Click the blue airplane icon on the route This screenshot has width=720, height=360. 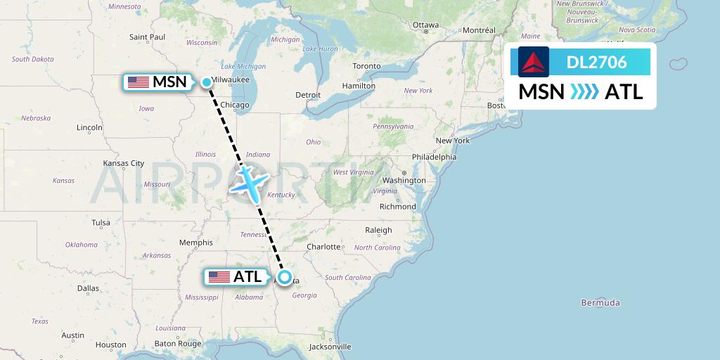[x=249, y=180]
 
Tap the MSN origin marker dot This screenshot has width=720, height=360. [x=207, y=82]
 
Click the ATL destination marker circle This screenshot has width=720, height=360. [x=285, y=277]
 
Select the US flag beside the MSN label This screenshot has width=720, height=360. [x=139, y=82]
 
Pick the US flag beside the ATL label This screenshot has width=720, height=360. [x=219, y=277]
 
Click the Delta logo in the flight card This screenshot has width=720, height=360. [x=534, y=62]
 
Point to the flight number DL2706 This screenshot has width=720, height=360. [x=596, y=62]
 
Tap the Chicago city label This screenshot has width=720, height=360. [x=235, y=105]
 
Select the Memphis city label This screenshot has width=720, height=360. [x=196, y=243]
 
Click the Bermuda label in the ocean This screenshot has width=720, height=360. [x=600, y=303]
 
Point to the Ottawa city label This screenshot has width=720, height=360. [x=426, y=25]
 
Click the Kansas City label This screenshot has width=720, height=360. [x=123, y=163]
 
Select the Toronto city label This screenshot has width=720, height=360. [x=366, y=66]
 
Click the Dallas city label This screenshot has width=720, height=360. [x=89, y=288]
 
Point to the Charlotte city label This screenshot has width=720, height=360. [x=323, y=247]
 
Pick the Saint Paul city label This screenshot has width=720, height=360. [x=147, y=37]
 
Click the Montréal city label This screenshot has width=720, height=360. [x=479, y=30]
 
